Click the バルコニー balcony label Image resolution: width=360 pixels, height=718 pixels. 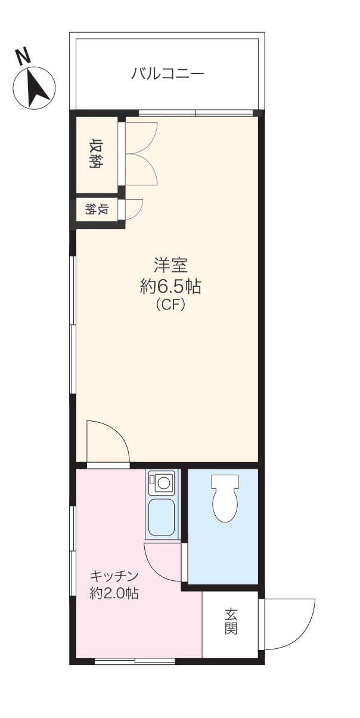coord(167,74)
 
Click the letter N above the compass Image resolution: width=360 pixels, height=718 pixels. coord(23,56)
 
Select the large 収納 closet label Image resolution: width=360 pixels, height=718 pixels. coord(95,153)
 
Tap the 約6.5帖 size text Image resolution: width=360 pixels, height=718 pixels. coord(170,287)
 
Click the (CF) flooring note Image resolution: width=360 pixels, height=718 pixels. coord(170,305)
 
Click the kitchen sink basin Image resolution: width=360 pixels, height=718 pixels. coord(162,516)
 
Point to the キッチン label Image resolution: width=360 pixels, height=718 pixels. coord(114,576)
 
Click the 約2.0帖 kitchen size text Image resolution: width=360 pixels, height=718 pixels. coord(114,593)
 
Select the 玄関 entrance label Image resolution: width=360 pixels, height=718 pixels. coord(231,621)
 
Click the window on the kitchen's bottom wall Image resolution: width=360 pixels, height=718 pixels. coord(135,660)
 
